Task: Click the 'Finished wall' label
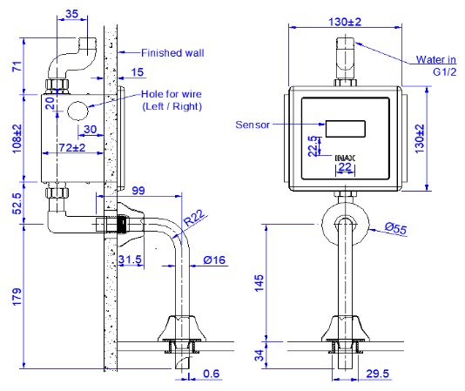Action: coord(172,53)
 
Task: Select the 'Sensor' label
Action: coord(254,125)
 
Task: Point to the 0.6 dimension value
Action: coord(212,374)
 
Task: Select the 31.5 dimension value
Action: coord(131,260)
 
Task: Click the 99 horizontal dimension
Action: coord(139,191)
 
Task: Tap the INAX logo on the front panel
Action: coord(344,157)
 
